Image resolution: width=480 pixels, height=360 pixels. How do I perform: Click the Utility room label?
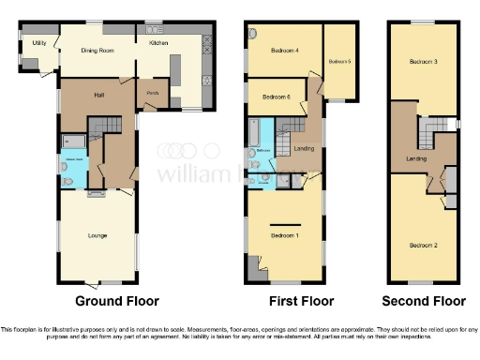(x=38, y=43)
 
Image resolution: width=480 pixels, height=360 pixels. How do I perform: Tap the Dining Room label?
(x=98, y=51)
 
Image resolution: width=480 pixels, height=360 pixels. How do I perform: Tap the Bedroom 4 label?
(x=284, y=51)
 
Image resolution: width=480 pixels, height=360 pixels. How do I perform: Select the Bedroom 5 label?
(x=339, y=62)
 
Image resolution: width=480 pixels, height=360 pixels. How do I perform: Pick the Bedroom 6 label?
(x=276, y=97)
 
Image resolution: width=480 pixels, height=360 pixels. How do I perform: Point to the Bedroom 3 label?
(x=423, y=63)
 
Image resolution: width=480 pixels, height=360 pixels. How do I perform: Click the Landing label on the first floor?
(x=304, y=148)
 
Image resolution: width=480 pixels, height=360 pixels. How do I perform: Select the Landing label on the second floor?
(x=416, y=159)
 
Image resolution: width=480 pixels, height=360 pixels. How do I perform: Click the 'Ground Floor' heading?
(x=117, y=301)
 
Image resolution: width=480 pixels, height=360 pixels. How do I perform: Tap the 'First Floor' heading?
(x=293, y=301)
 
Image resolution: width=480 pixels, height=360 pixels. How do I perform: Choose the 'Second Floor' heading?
(x=423, y=301)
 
